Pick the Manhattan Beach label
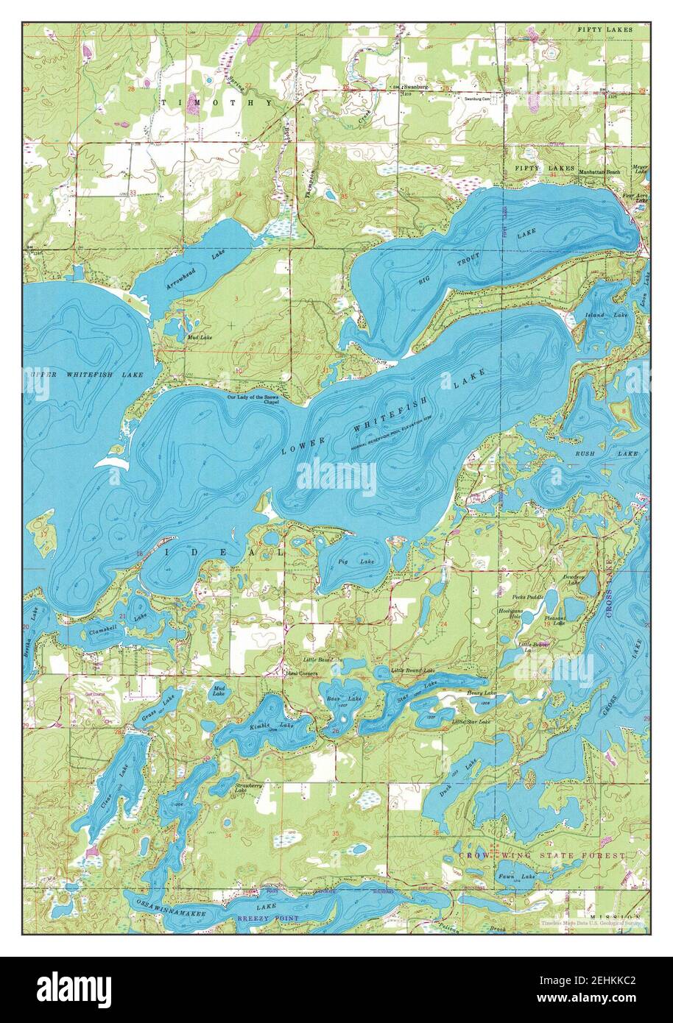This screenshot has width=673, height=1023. pyautogui.click(x=599, y=171)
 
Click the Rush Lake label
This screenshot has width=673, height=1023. pyautogui.click(x=606, y=454)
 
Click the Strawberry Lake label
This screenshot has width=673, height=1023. pyautogui.click(x=248, y=788)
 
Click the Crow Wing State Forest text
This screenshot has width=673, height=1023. pyautogui.click(x=541, y=856)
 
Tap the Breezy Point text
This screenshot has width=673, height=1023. pyautogui.click(x=268, y=918)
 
